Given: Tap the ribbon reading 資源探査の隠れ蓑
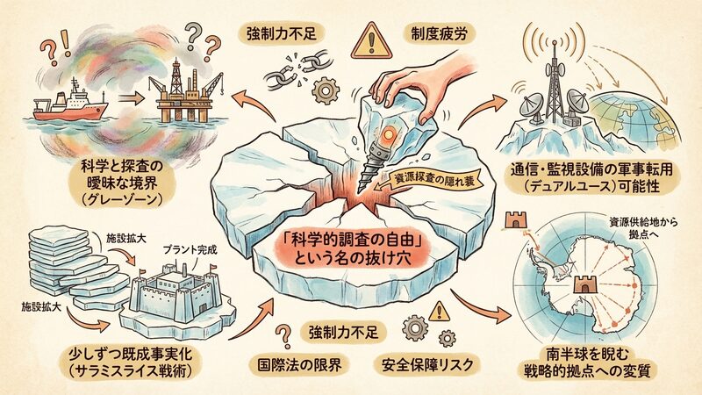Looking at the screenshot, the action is [x=431, y=180].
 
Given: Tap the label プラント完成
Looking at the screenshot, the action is [x=190, y=249].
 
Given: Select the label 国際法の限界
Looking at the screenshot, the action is [x=300, y=364].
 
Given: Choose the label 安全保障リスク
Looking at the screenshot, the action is [x=427, y=364].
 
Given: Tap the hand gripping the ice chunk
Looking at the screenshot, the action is [x=409, y=86].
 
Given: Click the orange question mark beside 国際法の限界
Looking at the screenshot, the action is [x=283, y=336].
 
